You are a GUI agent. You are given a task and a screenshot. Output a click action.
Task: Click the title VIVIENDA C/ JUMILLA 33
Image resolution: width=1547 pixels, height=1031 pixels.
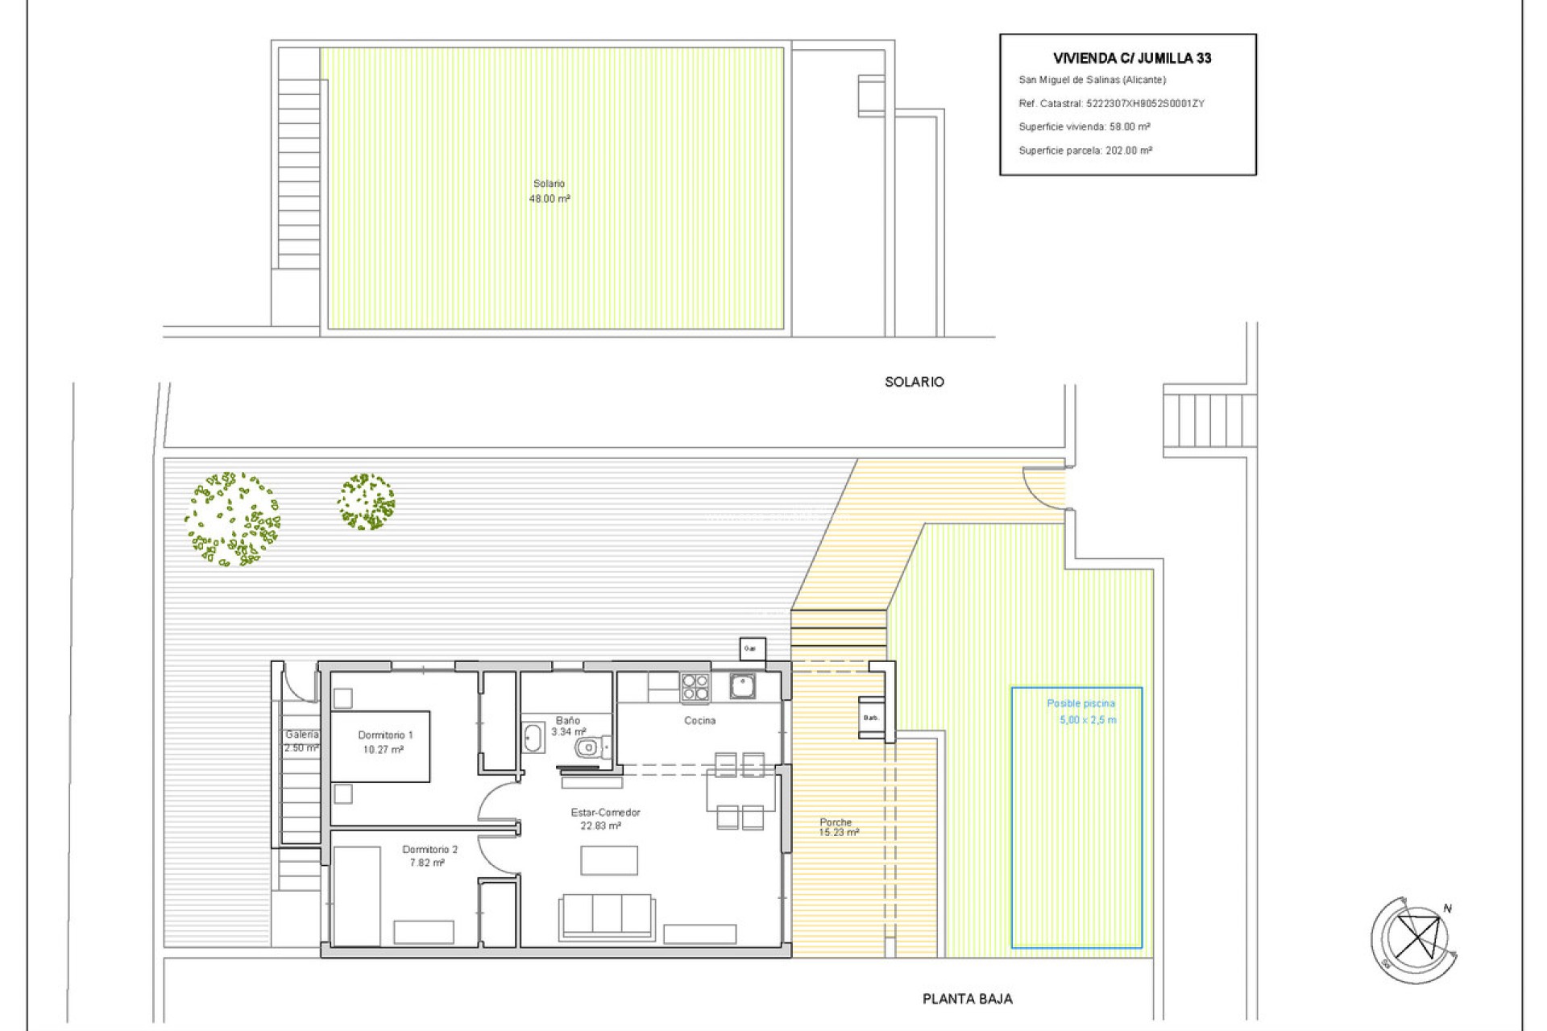coord(1132,58)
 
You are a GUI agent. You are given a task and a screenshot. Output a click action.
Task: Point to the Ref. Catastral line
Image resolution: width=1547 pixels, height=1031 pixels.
coord(1111,103)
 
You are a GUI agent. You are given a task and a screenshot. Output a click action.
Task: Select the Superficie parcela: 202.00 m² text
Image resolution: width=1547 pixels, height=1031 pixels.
coord(1085,151)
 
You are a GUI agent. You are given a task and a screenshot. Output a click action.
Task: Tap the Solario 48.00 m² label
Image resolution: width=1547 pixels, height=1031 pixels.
coord(550,191)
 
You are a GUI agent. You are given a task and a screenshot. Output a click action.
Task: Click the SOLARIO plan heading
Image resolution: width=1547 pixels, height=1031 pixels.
coord(914,382)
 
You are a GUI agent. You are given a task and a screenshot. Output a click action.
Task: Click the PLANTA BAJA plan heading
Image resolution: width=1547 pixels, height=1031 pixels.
coord(967,999)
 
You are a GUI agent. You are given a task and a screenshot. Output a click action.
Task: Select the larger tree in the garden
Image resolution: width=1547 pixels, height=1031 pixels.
coord(232,520)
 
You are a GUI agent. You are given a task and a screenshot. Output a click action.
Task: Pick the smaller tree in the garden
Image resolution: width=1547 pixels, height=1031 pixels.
coord(367,501)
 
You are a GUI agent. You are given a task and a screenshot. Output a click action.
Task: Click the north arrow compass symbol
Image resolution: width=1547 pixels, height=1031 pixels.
coord(1415,939)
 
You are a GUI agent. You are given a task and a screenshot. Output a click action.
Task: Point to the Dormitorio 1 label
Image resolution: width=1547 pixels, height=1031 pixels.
coord(385,742)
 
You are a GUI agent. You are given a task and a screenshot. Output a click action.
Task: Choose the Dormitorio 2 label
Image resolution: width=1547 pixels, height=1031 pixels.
coord(429,855)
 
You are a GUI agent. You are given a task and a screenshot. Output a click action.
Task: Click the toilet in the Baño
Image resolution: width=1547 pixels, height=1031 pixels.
coord(588,748)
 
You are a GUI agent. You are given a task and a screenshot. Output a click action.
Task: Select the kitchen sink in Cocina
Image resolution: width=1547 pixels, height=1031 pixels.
coord(742,686)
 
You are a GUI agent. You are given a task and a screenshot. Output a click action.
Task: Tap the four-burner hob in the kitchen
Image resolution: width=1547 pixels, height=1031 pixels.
coord(695,687)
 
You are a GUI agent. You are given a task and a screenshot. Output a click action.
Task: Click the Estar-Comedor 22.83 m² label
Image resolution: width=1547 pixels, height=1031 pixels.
coord(604,818)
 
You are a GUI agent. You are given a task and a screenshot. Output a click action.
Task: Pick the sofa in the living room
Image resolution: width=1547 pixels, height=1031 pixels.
coord(607,916)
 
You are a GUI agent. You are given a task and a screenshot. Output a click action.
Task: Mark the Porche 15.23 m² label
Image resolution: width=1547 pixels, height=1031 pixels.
coord(838,827)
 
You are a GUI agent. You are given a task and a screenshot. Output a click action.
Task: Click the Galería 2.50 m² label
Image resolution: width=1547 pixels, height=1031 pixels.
coord(301,741)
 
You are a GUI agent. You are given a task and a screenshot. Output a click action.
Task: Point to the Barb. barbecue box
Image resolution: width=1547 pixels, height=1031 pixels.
coord(871,717)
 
